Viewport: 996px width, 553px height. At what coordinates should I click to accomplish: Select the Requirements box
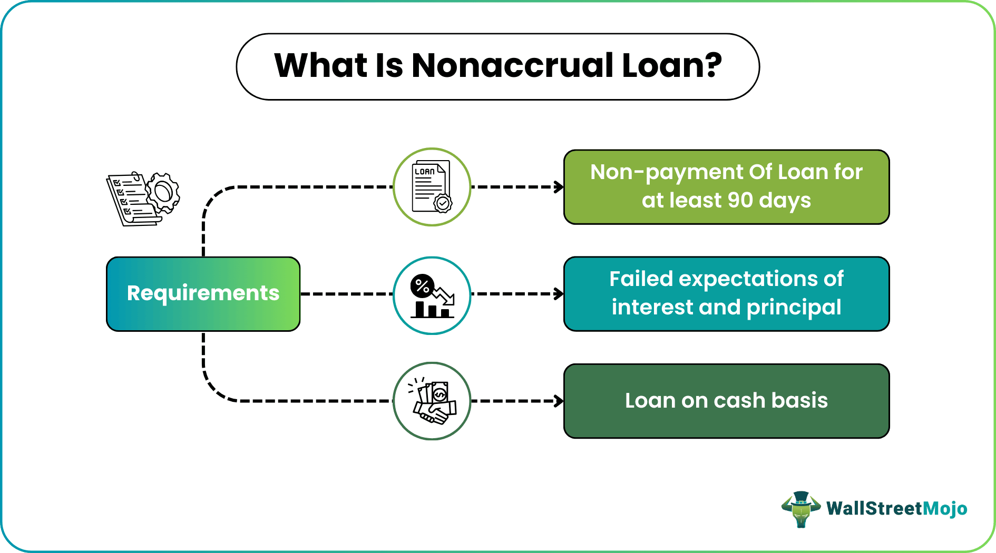[x=203, y=294]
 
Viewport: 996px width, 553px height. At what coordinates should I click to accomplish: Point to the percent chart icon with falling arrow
[x=432, y=295]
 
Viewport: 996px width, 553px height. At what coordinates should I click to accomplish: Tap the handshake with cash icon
[x=432, y=401]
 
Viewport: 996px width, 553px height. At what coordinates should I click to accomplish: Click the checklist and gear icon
[x=143, y=199]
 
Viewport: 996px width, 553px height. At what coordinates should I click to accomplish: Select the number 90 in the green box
[x=740, y=200]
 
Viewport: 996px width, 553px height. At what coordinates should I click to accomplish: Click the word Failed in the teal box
[x=641, y=279]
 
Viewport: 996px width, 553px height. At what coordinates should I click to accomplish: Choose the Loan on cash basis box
[x=727, y=401]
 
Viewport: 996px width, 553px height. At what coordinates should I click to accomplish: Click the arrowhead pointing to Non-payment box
[x=559, y=187]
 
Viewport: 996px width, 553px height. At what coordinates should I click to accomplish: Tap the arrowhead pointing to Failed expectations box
[x=559, y=294]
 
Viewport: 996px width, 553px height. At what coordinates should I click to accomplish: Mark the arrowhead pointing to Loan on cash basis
[x=559, y=401]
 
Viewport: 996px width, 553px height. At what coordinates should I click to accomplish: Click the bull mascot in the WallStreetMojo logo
[x=801, y=509]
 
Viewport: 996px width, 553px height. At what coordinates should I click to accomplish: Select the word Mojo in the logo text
[x=945, y=509]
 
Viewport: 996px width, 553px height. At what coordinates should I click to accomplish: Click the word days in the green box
[x=785, y=201]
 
